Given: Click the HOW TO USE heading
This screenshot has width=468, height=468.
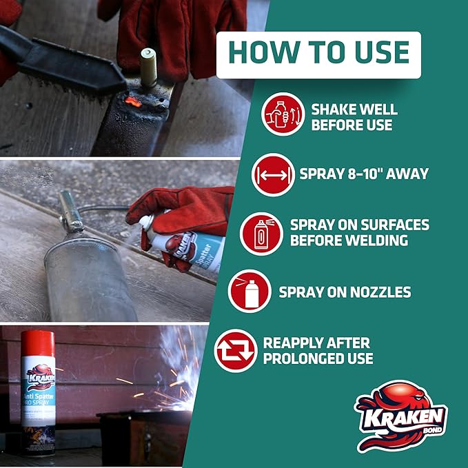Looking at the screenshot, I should click(318, 54).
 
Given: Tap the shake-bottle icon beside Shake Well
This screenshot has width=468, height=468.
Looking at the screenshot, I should click(283, 114).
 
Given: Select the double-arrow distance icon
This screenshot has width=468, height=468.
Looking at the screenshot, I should click(273, 175).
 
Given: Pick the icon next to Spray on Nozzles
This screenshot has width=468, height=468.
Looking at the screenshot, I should click(250, 292).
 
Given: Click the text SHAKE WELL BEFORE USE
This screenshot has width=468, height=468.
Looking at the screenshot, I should click(354, 117).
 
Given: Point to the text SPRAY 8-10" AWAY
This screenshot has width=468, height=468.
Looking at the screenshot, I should click(363, 174).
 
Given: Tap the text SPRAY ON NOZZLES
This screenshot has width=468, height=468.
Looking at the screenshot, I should click(345, 292).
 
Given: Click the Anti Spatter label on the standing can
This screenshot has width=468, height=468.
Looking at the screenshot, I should click(39, 400).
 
